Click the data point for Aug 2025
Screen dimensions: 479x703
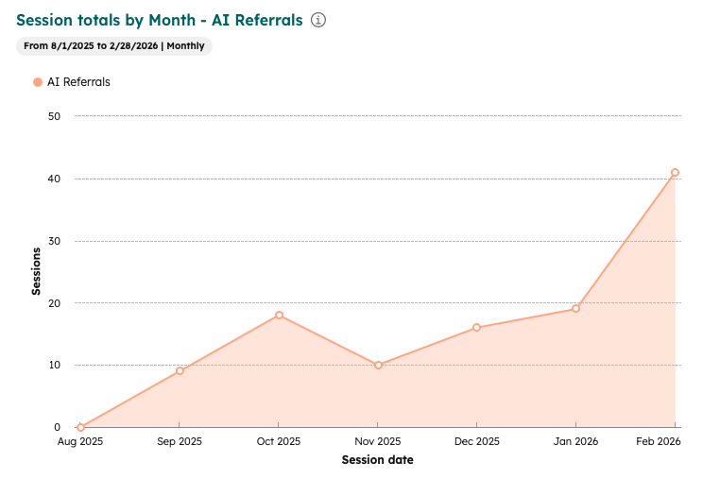(80, 427)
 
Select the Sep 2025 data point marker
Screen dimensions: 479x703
(180, 370)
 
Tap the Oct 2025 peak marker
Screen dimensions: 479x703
(279, 315)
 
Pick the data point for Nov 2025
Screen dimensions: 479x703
(378, 365)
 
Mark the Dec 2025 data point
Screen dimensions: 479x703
(476, 328)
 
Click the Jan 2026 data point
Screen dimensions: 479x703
(575, 309)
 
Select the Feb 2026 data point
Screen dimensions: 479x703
(675, 173)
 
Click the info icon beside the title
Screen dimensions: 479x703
(318, 20)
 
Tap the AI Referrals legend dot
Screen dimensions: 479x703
(38, 82)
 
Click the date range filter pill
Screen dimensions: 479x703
(114, 45)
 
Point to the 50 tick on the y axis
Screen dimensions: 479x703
(54, 116)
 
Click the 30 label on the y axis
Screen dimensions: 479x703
(54, 241)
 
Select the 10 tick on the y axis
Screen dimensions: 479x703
(54, 365)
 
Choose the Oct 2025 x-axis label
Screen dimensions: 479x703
(279, 442)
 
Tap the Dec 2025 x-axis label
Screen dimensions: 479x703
(476, 442)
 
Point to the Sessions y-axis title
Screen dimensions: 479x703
(36, 271)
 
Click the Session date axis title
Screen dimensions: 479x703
(377, 460)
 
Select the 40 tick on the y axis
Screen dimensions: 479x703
(54, 179)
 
